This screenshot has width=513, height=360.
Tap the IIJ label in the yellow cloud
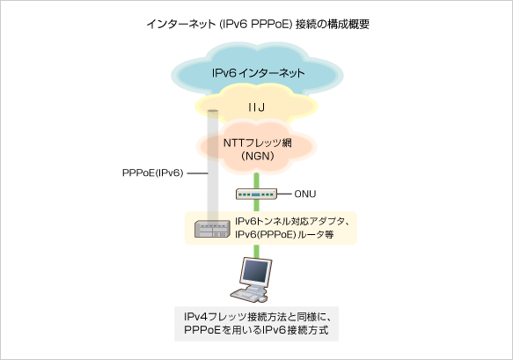pos(257,107)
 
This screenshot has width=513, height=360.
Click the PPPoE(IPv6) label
pos(152,173)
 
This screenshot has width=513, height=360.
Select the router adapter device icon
pos(212,229)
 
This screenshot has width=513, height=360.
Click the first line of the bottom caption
pos(256,316)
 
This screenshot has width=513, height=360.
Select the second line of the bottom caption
pos(256,330)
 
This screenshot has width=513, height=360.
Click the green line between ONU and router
pos(257,208)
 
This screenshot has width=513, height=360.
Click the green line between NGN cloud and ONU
pos(257,180)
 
